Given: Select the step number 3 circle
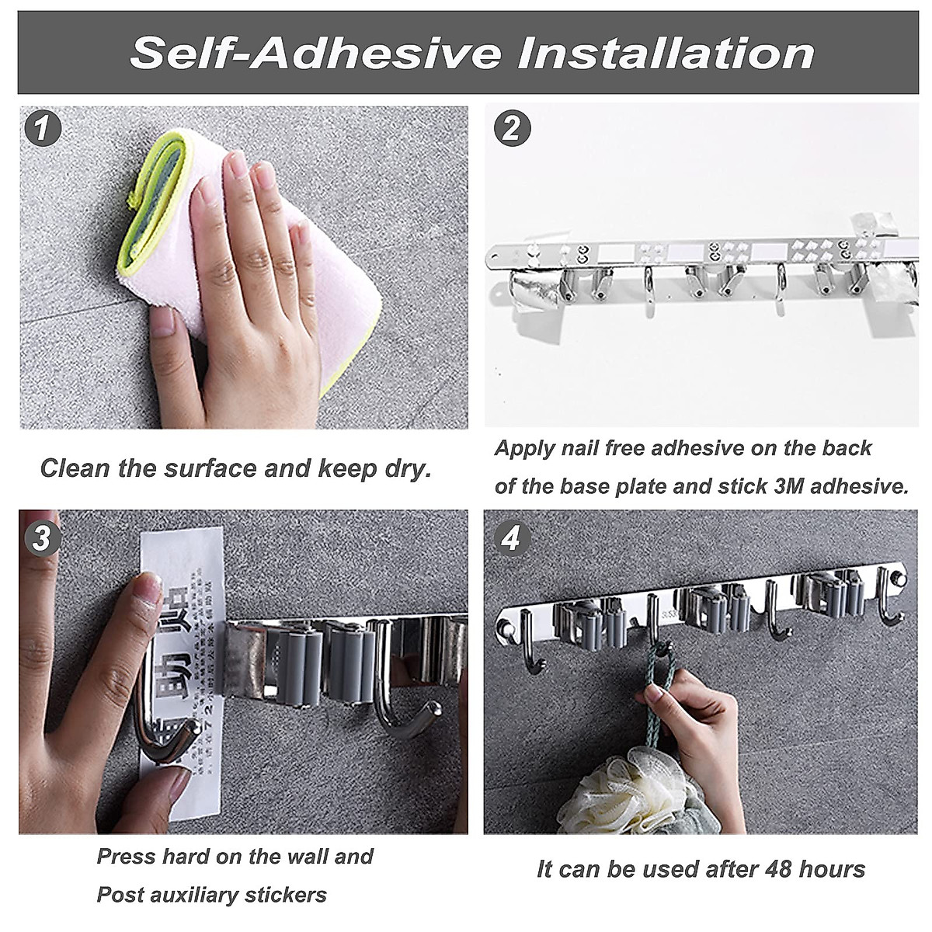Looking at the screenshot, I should click(x=43, y=537).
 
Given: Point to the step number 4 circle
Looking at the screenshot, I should click(x=510, y=537).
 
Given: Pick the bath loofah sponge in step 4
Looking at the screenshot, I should click(x=614, y=792).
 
